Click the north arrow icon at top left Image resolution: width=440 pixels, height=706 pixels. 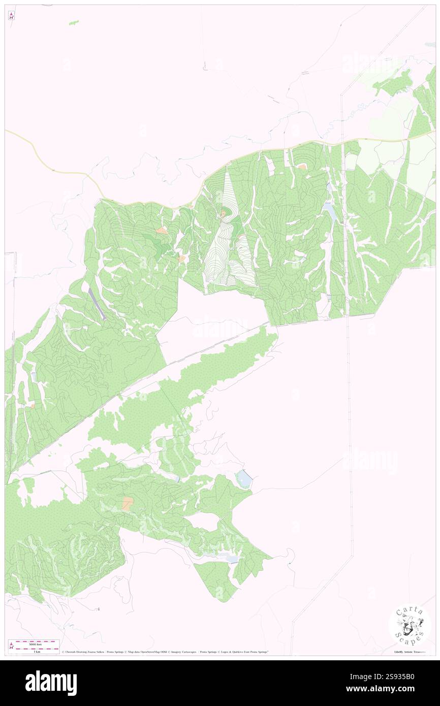pos(11,16)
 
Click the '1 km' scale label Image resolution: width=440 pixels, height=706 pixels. pos(37,652)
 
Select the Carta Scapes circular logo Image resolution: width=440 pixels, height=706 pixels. pos(410,625)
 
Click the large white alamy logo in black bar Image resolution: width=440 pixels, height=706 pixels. pos(51,683)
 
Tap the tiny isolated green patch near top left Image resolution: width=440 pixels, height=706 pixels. pos(74,22)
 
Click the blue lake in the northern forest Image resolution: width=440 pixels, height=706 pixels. pos(330,210)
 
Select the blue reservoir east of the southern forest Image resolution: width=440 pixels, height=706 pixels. pos(244,478)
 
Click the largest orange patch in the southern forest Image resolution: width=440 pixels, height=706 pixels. pos(128,503)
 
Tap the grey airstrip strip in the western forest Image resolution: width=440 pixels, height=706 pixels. pos(97,303)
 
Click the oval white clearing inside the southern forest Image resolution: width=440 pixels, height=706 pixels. pos(203,522)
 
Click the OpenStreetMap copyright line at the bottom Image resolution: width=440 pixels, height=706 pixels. pos(163,652)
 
